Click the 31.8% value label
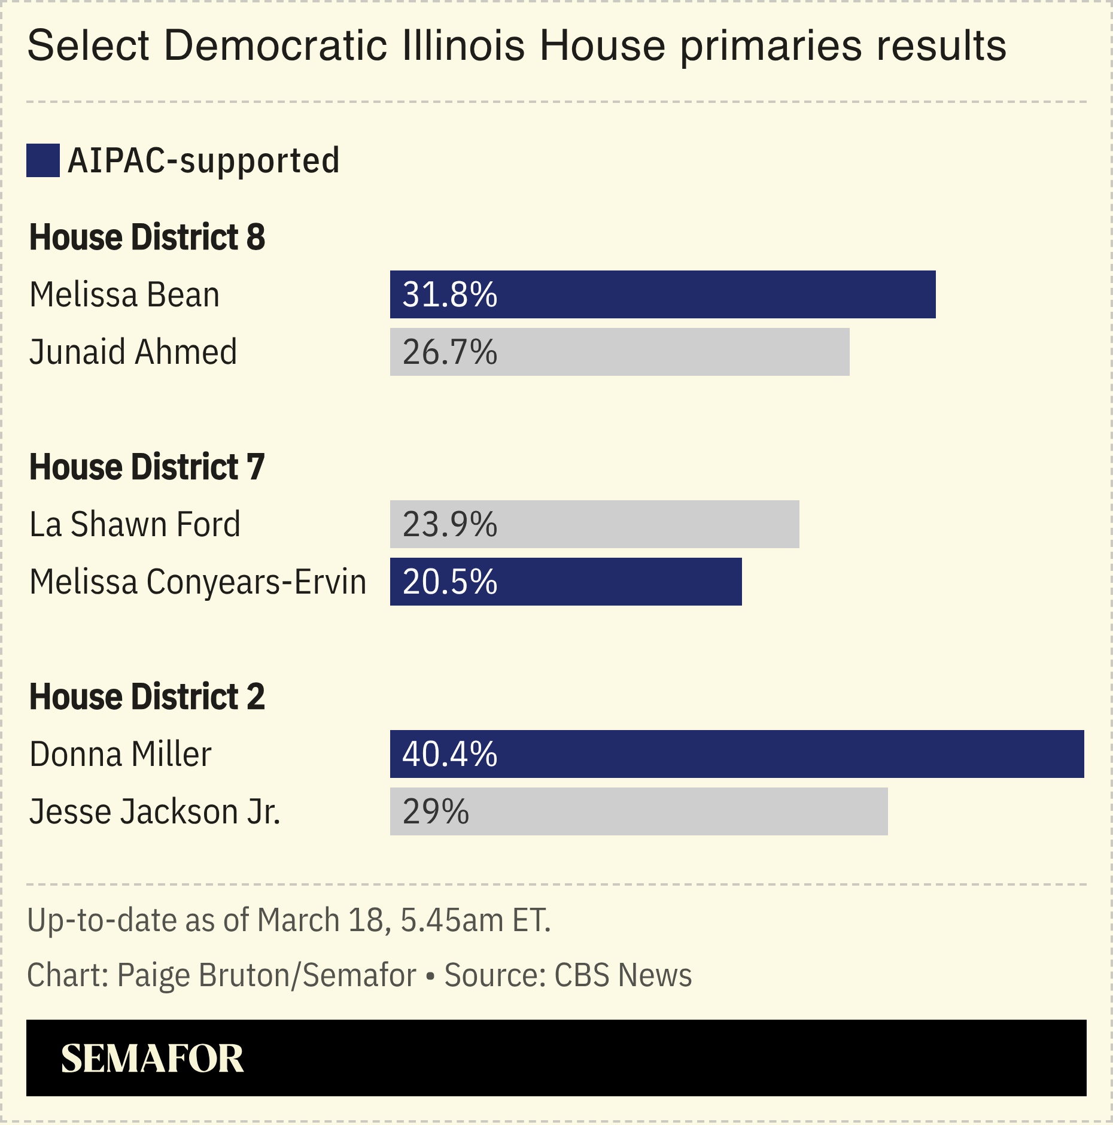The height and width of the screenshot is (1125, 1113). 449,294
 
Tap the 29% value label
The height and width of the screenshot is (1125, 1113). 436,812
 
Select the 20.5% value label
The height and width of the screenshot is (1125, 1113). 449,582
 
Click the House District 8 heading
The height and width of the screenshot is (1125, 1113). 147,237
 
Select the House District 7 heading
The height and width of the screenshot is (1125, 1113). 147,467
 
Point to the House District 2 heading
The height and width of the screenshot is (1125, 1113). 147,697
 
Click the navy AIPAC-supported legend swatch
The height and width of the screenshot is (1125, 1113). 43,160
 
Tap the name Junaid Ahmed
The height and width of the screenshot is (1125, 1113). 133,352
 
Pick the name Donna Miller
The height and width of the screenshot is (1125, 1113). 120,754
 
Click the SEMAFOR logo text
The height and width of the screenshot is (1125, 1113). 153,1058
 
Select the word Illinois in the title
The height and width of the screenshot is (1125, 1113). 464,45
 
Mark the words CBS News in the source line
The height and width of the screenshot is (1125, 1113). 623,975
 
